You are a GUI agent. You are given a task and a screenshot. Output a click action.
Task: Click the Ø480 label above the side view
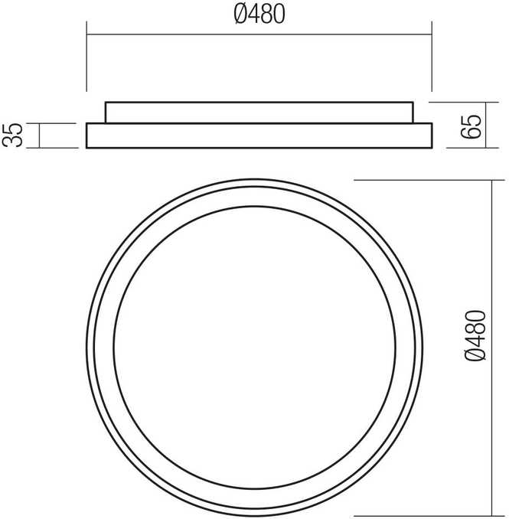point(259,15)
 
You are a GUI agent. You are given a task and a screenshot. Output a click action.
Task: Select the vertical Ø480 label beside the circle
point(475,335)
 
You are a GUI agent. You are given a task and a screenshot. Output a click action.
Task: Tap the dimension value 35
point(12,135)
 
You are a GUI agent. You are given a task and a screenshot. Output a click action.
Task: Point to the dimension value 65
point(470,126)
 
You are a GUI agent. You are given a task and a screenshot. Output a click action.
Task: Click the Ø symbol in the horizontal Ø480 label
point(241,15)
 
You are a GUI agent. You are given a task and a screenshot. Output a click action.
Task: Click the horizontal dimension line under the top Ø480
point(259,34)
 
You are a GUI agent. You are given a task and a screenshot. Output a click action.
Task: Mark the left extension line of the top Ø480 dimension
point(86,57)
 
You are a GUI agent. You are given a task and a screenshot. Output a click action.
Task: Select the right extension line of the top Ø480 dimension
point(432,57)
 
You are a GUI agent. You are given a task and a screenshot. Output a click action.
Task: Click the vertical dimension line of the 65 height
point(486,125)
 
